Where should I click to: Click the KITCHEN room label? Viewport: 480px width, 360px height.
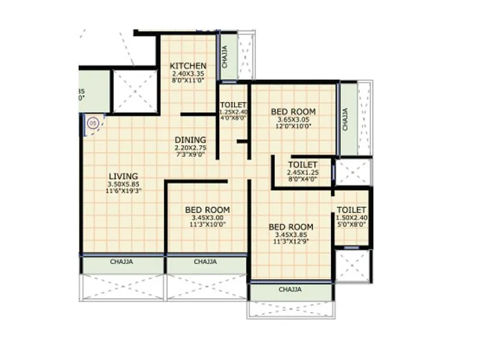click(x=188, y=66)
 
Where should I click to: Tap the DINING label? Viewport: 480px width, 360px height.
click(x=191, y=140)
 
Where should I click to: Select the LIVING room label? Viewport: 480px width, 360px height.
click(x=124, y=176)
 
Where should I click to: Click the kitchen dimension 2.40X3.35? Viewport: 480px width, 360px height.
click(x=188, y=74)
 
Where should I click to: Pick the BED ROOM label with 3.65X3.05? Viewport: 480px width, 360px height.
click(x=293, y=112)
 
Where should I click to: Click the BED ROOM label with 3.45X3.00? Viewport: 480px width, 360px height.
click(x=207, y=209)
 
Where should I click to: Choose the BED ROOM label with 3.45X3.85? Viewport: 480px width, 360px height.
click(x=291, y=226)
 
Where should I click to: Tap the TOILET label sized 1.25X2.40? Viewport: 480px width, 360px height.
click(x=232, y=105)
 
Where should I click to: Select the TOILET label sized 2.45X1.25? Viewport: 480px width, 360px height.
click(x=302, y=164)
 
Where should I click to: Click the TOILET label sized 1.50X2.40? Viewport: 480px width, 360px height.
click(x=352, y=210)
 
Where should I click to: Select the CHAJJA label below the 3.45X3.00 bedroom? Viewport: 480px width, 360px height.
click(x=205, y=262)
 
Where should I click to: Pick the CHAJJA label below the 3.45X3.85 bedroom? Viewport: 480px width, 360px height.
click(x=290, y=290)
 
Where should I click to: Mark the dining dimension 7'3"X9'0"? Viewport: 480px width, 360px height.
click(x=191, y=154)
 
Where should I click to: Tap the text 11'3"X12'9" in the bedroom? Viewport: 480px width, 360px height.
click(x=291, y=241)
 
